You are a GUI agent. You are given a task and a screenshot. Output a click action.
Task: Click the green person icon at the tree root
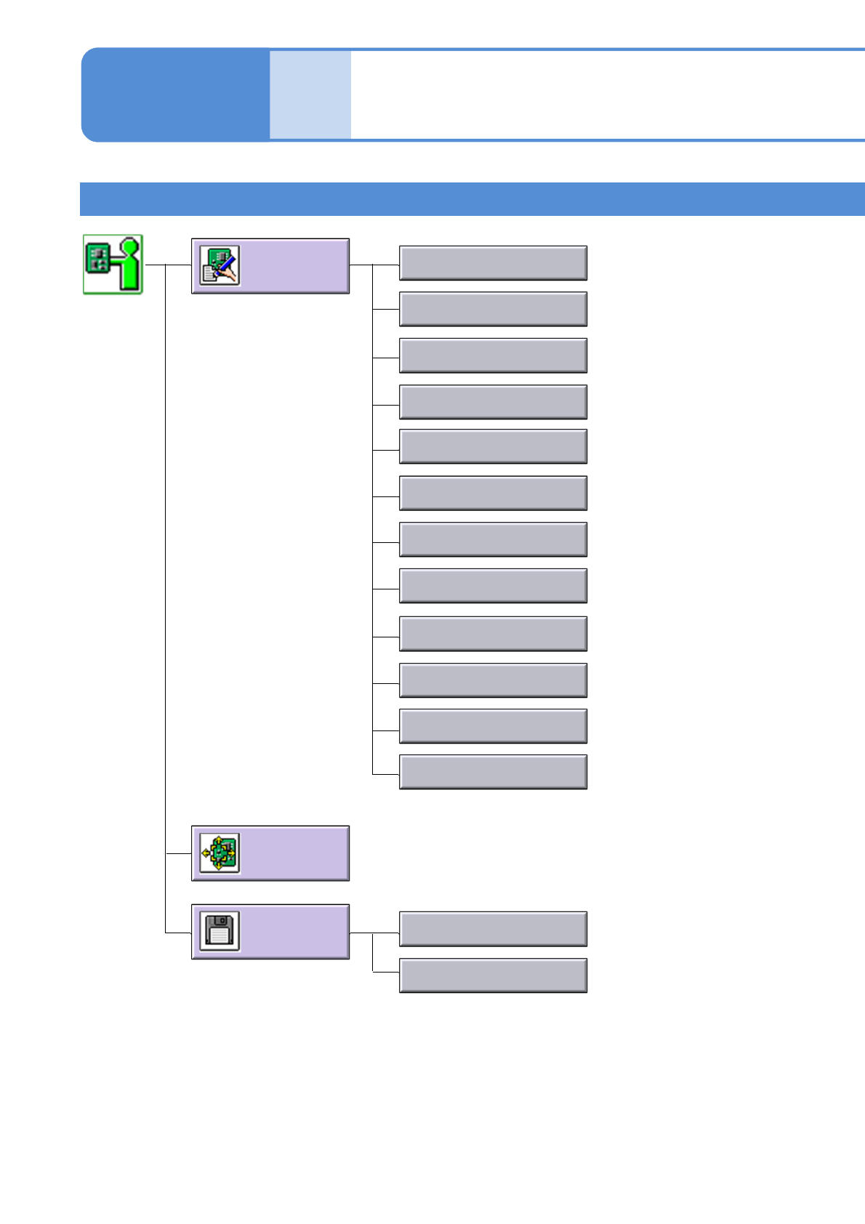click(x=113, y=265)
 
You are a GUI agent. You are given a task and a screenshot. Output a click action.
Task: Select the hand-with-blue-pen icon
click(x=220, y=265)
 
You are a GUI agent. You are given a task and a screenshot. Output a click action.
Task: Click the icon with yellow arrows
click(x=220, y=853)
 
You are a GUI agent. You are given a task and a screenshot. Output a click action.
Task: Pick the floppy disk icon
click(x=220, y=931)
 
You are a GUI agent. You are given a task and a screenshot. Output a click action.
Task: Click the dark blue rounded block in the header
click(x=174, y=94)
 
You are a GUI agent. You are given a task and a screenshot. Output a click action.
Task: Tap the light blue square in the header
click(x=310, y=94)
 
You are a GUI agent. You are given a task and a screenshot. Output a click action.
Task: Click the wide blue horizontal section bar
click(x=472, y=199)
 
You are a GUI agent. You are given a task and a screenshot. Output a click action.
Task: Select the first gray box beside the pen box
click(x=493, y=263)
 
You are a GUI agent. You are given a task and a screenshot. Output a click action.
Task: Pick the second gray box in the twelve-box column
click(x=493, y=310)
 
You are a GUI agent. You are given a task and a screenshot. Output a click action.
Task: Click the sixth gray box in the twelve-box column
click(x=493, y=494)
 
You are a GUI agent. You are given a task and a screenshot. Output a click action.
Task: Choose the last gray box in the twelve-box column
click(x=493, y=772)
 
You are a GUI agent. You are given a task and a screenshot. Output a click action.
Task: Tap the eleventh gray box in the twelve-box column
click(x=493, y=726)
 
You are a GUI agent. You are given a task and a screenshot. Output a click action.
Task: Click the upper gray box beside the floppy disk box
click(x=493, y=929)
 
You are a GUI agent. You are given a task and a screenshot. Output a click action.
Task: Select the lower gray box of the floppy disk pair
click(x=493, y=975)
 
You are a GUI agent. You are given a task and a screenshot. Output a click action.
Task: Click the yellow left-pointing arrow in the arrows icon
click(x=206, y=853)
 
